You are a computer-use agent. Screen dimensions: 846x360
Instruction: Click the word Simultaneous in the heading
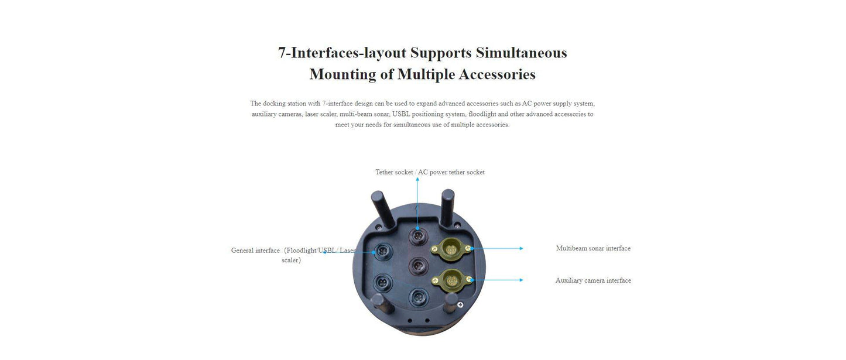tap(521, 53)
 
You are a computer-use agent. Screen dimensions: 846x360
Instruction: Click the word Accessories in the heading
tap(497, 74)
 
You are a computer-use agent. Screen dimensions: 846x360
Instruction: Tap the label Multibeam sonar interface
tap(593, 248)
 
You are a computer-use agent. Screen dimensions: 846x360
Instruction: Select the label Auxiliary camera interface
tap(593, 280)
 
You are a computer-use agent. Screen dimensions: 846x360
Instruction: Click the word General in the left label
tap(242, 251)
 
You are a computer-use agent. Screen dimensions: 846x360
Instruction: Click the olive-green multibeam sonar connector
tap(451, 249)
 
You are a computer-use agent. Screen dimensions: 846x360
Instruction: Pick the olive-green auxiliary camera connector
tap(452, 280)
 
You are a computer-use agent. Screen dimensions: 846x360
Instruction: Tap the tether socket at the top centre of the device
tap(417, 236)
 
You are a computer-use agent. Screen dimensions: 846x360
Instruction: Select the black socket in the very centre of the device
tap(417, 266)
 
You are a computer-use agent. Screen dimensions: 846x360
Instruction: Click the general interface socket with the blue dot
tap(382, 252)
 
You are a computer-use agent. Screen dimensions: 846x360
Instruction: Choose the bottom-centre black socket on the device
tap(418, 298)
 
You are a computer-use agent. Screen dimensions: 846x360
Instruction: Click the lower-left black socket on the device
tap(382, 283)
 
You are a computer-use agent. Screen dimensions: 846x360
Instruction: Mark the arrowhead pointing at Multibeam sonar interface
tap(521, 249)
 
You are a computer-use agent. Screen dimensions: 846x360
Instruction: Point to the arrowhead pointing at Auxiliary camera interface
tap(521, 280)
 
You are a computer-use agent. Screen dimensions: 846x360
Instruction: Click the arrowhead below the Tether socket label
tap(417, 180)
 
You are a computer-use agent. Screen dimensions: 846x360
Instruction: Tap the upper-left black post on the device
tap(382, 209)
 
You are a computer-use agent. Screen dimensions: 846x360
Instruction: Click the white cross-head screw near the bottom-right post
tap(460, 304)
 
